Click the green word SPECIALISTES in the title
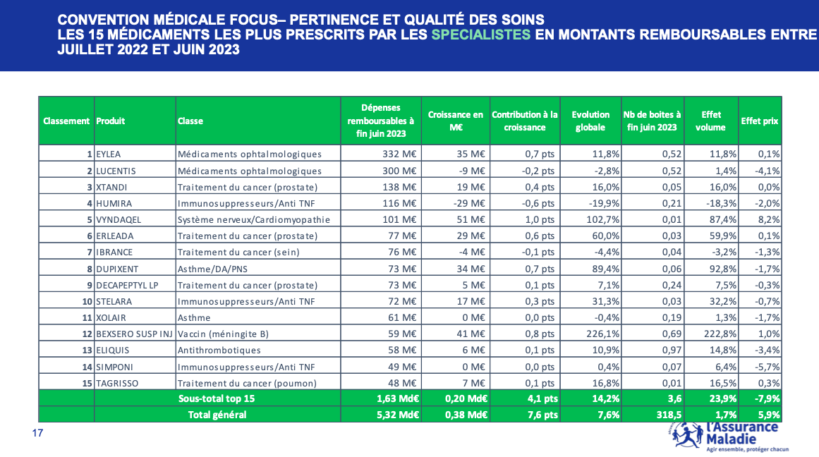[x=481, y=35]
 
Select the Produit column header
[x=111, y=121]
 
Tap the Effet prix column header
[x=760, y=121]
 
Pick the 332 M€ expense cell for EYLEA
[x=399, y=154]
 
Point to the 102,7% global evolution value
[x=602, y=219]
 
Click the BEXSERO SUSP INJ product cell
[x=134, y=334]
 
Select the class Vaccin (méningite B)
[x=223, y=334]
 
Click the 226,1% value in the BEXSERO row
[x=602, y=334]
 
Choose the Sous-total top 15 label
[x=217, y=398]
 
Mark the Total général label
[x=217, y=415]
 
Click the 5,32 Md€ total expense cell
[x=398, y=415]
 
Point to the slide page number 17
[x=37, y=433]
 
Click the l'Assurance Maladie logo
[x=729, y=437]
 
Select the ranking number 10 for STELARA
[x=87, y=301]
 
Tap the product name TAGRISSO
[x=118, y=383]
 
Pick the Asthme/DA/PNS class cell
[x=212, y=269]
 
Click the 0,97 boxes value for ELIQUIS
[x=672, y=350]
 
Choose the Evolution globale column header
[x=590, y=121]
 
